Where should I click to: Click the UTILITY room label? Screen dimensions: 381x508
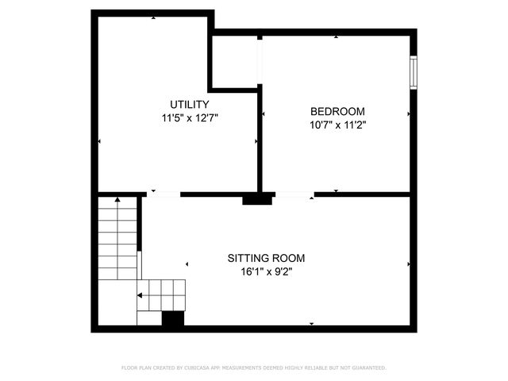[190, 105]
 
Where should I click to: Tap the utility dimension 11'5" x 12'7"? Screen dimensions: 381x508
[190, 117]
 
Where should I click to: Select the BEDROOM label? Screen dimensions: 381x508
[337, 111]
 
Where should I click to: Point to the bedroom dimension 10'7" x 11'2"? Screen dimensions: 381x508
[337, 124]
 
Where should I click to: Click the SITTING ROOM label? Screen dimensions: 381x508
[266, 258]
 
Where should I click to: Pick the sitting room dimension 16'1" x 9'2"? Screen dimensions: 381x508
[266, 271]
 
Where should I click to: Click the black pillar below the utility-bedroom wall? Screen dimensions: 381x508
[257, 200]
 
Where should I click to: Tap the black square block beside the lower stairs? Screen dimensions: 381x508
[173, 318]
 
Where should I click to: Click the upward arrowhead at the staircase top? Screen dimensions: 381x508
[117, 199]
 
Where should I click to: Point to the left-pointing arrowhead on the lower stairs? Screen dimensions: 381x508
[140, 295]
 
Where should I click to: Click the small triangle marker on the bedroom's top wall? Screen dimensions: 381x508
[337, 37]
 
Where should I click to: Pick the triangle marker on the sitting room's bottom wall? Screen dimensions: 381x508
[311, 323]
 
